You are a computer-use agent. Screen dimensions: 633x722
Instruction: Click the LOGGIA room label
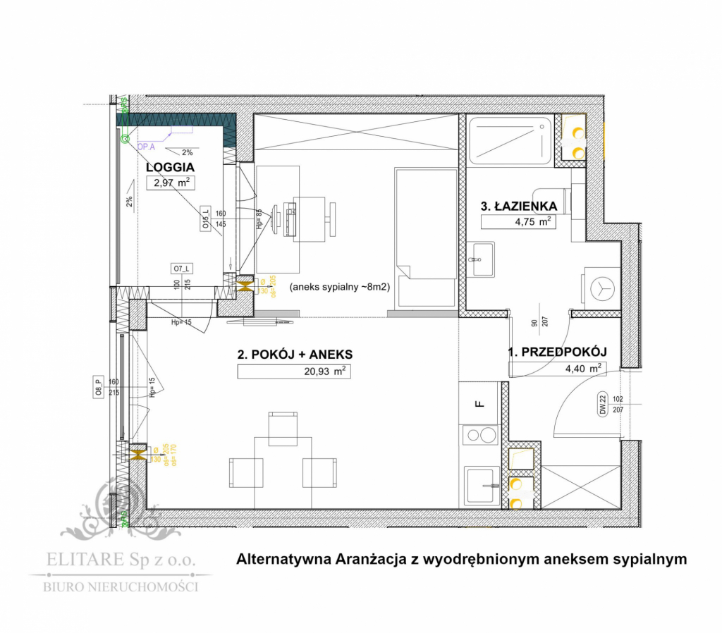click(x=170, y=168)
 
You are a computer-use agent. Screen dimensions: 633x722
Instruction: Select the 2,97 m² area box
click(x=170, y=184)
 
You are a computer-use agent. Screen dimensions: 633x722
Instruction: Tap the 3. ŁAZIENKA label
click(x=519, y=207)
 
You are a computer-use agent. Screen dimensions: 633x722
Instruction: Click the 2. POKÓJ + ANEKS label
click(x=295, y=355)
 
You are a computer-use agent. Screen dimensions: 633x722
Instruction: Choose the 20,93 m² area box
click(x=295, y=371)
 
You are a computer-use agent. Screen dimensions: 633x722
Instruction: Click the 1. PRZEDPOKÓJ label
click(x=558, y=352)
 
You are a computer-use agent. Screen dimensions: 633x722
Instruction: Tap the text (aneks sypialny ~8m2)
click(x=340, y=288)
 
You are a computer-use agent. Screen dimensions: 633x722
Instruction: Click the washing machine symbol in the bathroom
click(x=600, y=288)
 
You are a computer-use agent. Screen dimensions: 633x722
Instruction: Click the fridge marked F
click(x=479, y=403)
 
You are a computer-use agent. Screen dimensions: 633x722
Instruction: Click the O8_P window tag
click(x=98, y=388)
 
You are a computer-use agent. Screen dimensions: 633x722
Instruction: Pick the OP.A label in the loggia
click(x=146, y=147)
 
